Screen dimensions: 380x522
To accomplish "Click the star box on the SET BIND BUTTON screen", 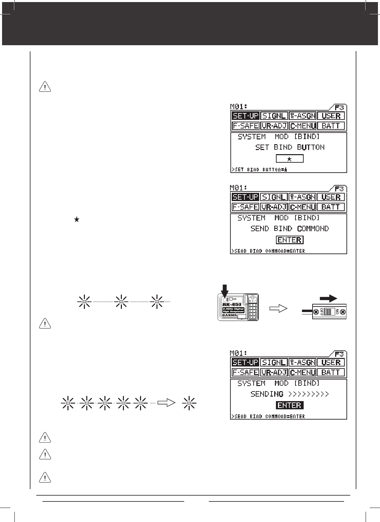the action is click(289, 159).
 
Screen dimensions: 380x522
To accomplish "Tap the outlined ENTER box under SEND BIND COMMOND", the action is click(289, 240).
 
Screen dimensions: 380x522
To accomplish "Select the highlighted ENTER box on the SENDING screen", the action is click(289, 405).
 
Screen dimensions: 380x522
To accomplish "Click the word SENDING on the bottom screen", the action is click(267, 394).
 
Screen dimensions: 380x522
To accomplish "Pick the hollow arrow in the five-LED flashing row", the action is click(166, 403).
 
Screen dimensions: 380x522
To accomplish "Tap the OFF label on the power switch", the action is click(321, 312).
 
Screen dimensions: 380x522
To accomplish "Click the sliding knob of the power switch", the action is click(329, 312).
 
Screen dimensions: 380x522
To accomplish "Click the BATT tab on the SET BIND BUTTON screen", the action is click(331, 126).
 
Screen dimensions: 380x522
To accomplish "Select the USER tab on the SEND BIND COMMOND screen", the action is click(331, 197).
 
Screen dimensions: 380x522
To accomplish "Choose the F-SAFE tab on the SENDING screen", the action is click(245, 372).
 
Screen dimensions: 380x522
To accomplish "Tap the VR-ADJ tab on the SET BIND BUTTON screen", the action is click(274, 126).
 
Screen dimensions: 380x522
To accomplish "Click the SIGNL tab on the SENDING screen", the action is click(274, 362).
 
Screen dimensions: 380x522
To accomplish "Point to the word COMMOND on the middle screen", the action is click(313, 228).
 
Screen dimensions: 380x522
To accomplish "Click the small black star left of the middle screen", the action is click(77, 220).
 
